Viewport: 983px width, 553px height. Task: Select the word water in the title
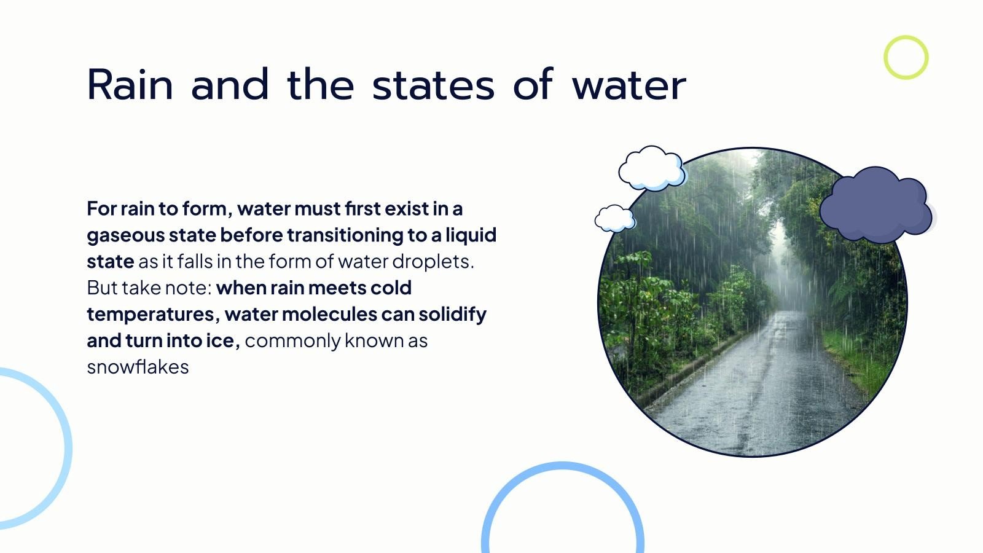pos(629,86)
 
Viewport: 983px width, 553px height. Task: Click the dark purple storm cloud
pos(876,205)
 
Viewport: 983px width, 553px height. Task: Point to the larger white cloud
pos(652,168)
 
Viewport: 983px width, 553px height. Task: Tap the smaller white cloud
pos(615,218)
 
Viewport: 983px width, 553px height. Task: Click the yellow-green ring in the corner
pos(906,58)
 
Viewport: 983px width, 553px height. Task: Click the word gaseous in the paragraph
pos(125,236)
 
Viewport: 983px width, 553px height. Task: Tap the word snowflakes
pos(138,367)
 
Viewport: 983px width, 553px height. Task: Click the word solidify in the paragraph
pos(452,314)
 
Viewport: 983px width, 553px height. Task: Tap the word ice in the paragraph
pos(223,341)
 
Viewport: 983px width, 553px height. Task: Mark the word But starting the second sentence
pos(102,288)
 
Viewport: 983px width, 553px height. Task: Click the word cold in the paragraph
pos(391,288)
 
